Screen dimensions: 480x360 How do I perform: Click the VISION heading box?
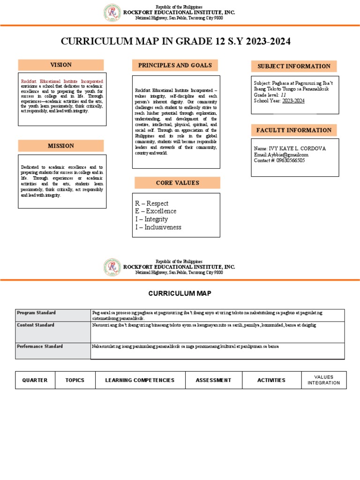(61, 65)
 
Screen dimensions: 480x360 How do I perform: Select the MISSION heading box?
(61, 146)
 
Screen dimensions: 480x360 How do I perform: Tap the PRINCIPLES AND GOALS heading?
(175, 66)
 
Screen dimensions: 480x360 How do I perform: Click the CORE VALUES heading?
(177, 183)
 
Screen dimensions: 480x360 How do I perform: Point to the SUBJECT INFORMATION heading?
(293, 67)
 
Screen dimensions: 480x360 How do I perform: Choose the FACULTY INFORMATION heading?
(293, 130)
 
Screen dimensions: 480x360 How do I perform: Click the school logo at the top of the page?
(112, 13)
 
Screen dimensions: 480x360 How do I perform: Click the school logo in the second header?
(112, 267)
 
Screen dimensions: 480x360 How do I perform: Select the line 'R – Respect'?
(151, 203)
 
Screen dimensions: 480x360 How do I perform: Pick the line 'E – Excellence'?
(156, 211)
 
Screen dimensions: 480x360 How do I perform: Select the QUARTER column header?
(35, 380)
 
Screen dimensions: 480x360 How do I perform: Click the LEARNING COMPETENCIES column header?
(140, 380)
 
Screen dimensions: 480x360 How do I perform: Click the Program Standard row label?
(36, 313)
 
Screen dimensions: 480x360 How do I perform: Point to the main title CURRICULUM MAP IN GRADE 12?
(176, 42)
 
